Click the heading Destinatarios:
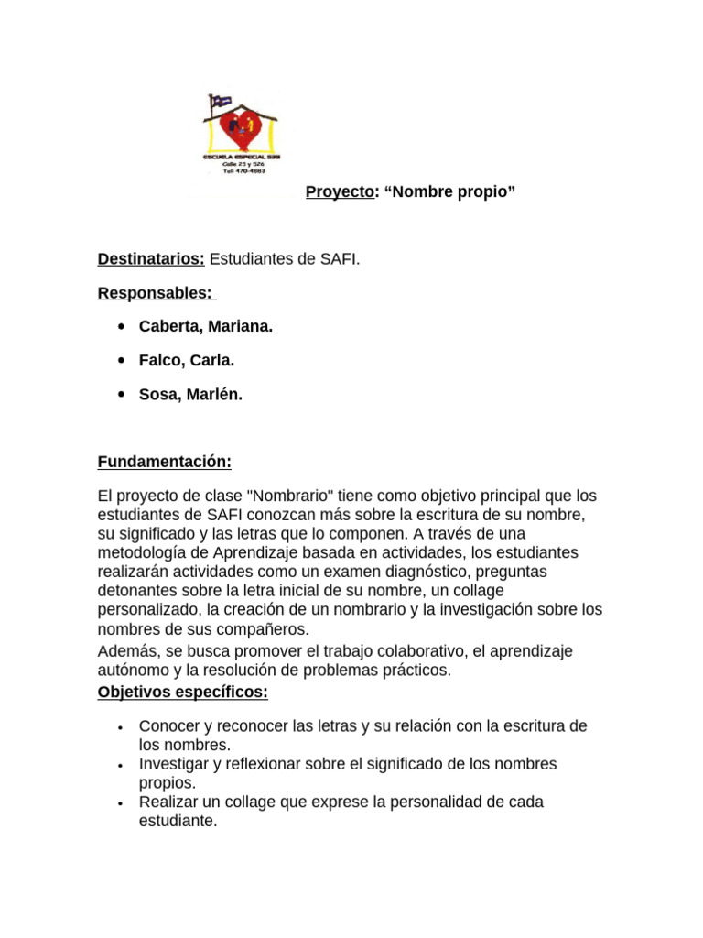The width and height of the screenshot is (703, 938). tap(151, 259)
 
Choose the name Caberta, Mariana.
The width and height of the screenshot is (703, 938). tap(205, 326)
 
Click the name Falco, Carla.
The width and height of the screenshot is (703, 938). tap(187, 360)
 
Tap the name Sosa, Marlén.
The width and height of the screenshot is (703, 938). tap(190, 394)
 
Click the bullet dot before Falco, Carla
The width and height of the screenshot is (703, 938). tap(122, 361)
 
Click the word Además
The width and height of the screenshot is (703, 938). tap(125, 650)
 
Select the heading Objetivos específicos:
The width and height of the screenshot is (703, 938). tap(182, 692)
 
